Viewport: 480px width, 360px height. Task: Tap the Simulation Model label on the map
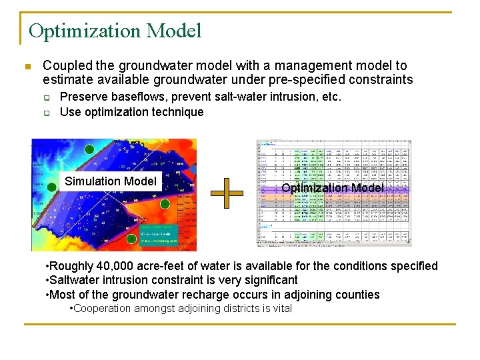(x=111, y=181)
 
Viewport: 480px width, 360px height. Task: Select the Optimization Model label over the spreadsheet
(x=332, y=188)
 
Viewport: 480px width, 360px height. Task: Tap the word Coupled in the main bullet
(x=65, y=66)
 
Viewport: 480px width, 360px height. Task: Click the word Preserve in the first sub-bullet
(x=83, y=97)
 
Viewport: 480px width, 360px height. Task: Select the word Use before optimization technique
(x=70, y=112)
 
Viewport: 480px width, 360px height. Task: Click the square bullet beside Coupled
(x=27, y=67)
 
